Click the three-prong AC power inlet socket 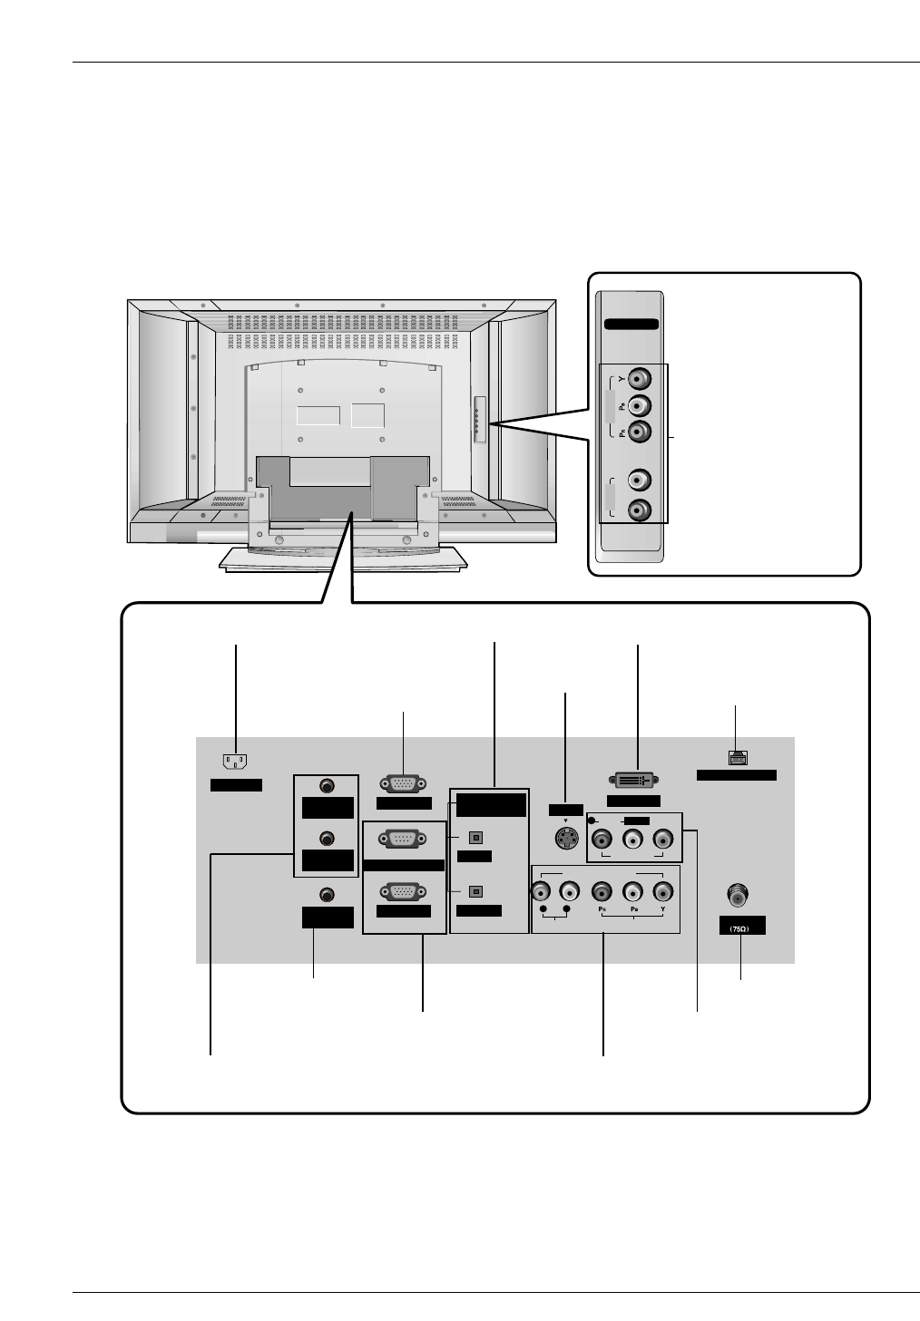(235, 762)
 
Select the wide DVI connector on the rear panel (632, 780)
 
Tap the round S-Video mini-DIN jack (566, 840)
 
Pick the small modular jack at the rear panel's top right (736, 756)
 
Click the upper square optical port (473, 838)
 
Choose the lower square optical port (473, 891)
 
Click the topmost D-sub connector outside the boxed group (404, 785)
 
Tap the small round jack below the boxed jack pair (327, 895)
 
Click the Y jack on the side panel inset (641, 378)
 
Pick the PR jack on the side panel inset (641, 432)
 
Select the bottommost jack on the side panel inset (641, 510)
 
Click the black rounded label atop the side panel (631, 324)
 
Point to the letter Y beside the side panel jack (621, 378)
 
